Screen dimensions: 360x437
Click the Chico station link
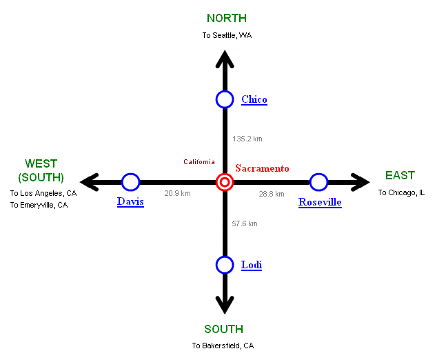pos(254,99)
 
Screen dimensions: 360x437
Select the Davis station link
pos(130,201)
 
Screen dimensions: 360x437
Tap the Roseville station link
pos(320,202)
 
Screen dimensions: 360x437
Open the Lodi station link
pos(252,265)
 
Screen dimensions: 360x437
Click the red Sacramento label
pos(262,168)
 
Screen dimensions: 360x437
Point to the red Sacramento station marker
pos(225,182)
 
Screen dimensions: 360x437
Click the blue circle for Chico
pos(225,99)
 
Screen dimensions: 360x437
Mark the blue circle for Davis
pos(130,182)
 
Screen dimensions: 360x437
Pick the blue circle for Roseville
pos(318,182)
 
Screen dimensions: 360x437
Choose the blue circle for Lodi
pos(225,265)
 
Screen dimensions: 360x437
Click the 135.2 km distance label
pos(247,139)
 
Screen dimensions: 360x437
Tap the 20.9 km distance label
pos(177,194)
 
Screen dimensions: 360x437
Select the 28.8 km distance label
pos(271,194)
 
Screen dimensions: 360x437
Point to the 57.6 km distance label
pos(245,223)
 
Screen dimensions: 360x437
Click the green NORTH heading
pos(227,19)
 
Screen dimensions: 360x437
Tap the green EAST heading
pos(400,176)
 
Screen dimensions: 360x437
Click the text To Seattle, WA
pos(227,35)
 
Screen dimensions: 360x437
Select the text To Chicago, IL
pos(401,192)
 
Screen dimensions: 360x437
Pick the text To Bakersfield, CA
pos(223,346)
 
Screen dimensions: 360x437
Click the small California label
pos(199,162)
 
